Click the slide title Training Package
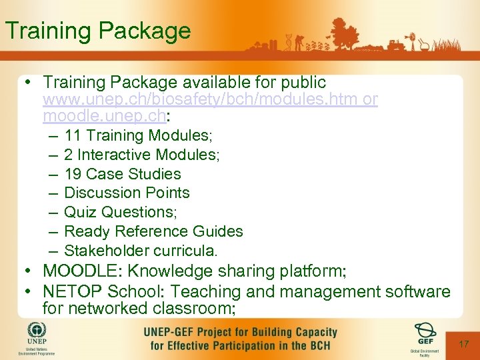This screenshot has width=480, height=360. [x=97, y=31]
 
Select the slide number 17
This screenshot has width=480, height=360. [x=463, y=344]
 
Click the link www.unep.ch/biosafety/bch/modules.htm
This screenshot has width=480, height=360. [x=201, y=100]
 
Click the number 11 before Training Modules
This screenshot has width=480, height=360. [x=73, y=135]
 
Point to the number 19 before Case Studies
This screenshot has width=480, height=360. [x=73, y=174]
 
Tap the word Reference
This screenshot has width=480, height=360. [x=142, y=231]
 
